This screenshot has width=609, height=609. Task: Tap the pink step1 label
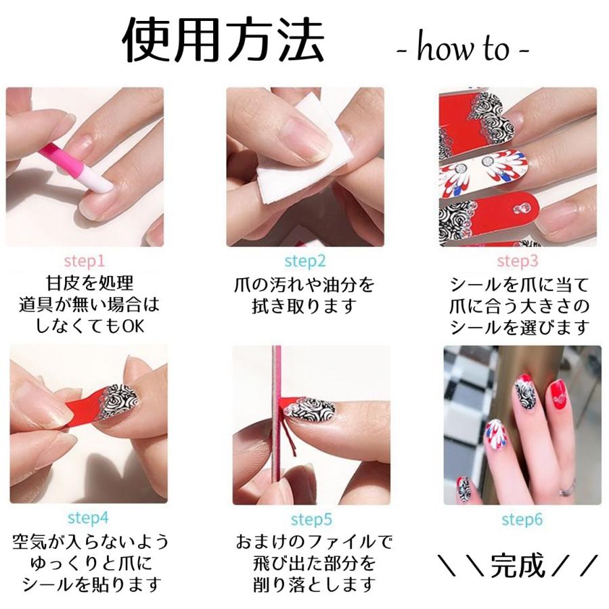(85, 260)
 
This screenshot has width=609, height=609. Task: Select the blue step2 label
(304, 261)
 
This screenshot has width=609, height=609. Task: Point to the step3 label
(518, 261)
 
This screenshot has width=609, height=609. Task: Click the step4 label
(88, 518)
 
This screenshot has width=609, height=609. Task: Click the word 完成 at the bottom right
(518, 565)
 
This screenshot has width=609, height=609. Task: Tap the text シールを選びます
(520, 328)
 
